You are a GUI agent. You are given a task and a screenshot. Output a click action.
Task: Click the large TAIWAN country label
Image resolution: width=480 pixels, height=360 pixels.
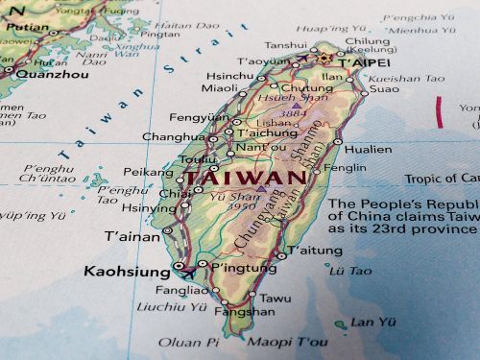pos(244,178)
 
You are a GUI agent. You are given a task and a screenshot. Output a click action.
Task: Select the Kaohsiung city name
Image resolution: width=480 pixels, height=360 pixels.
pos(125,271)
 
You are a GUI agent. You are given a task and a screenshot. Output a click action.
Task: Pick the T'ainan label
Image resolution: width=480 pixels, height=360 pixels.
pos(132,236)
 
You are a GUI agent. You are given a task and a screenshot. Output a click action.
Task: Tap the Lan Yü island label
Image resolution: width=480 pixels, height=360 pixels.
pos(372,322)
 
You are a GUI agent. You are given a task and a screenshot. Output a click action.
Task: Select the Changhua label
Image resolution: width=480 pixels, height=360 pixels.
pos(174,137)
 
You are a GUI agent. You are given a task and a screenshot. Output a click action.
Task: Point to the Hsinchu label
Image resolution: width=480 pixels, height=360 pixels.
pos(229,76)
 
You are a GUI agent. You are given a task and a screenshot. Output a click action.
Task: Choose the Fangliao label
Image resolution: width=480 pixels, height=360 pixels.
pos(181,290)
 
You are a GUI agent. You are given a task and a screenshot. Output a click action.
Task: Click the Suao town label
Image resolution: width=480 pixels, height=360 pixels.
pos(383,89)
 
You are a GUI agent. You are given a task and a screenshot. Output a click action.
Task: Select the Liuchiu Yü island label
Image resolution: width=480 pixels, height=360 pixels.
pos(173,307)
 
